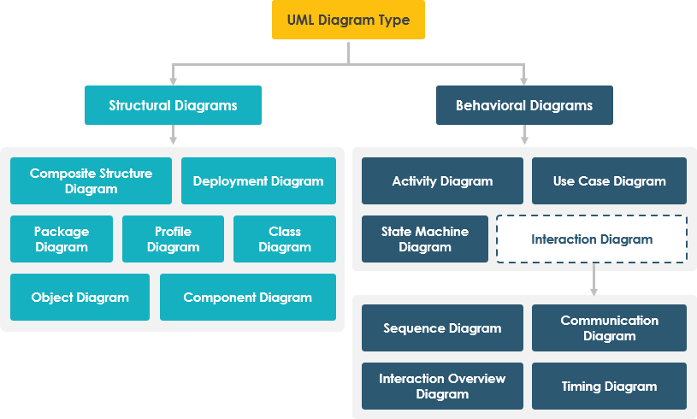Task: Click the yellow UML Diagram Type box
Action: [x=348, y=20]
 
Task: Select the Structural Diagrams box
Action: [x=173, y=105]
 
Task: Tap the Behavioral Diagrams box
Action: [x=523, y=105]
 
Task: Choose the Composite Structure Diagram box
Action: [x=91, y=180]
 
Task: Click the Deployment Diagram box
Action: [x=258, y=180]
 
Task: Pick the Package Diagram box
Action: [x=62, y=239]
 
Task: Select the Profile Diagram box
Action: [x=173, y=239]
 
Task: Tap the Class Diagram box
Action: [x=284, y=239]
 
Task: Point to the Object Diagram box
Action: [x=80, y=297]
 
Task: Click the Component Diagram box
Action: [x=247, y=297]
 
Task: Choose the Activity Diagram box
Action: [x=442, y=180]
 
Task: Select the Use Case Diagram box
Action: [x=609, y=180]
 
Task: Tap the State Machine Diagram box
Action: [x=425, y=239]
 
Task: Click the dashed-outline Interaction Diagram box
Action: [x=592, y=239]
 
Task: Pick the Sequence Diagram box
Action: [x=442, y=328]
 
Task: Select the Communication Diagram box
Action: [x=609, y=328]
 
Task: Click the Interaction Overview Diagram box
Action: [x=442, y=386]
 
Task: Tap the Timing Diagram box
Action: [x=609, y=386]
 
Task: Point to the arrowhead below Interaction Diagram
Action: [x=594, y=291]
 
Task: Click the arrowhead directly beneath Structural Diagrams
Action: [x=173, y=139]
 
